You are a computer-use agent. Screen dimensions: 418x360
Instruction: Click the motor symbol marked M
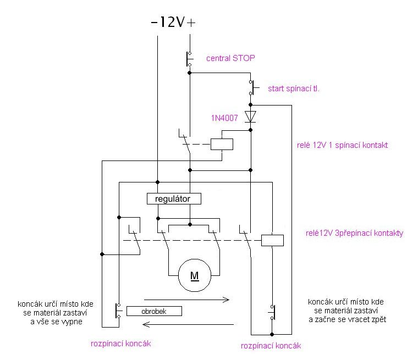pos(195,275)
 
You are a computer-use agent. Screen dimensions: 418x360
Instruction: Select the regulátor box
pos(174,198)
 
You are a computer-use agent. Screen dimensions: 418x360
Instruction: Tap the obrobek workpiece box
pos(154,311)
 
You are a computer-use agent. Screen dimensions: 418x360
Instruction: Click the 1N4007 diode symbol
pos(250,117)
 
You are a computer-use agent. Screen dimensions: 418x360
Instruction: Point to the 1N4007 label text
pos(224,118)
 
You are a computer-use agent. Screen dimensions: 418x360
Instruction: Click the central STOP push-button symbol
pos(189,59)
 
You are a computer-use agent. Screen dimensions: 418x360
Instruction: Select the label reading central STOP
pos(230,58)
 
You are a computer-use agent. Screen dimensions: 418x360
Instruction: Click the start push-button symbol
pos(253,87)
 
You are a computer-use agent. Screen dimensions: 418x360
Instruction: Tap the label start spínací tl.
pos(294,88)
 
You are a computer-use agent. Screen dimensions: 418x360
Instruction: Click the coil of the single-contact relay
pos(222,144)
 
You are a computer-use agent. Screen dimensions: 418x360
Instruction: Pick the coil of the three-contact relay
pos(272,240)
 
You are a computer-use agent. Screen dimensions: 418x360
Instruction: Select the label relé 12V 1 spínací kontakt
pos(342,145)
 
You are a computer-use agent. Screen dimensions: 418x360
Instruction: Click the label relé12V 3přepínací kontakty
pos(354,233)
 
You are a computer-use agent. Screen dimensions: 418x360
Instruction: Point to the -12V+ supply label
pos(173,22)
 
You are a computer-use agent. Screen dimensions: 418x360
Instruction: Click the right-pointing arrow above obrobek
pos(186,300)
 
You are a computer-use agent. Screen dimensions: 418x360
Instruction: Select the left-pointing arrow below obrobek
pos(188,324)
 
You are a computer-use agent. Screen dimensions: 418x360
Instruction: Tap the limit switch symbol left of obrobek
pos(118,311)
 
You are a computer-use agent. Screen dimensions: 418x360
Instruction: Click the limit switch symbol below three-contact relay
pos(272,312)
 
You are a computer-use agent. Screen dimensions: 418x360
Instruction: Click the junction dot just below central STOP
pos(190,73)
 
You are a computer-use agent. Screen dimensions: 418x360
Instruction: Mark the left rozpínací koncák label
pos(121,344)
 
